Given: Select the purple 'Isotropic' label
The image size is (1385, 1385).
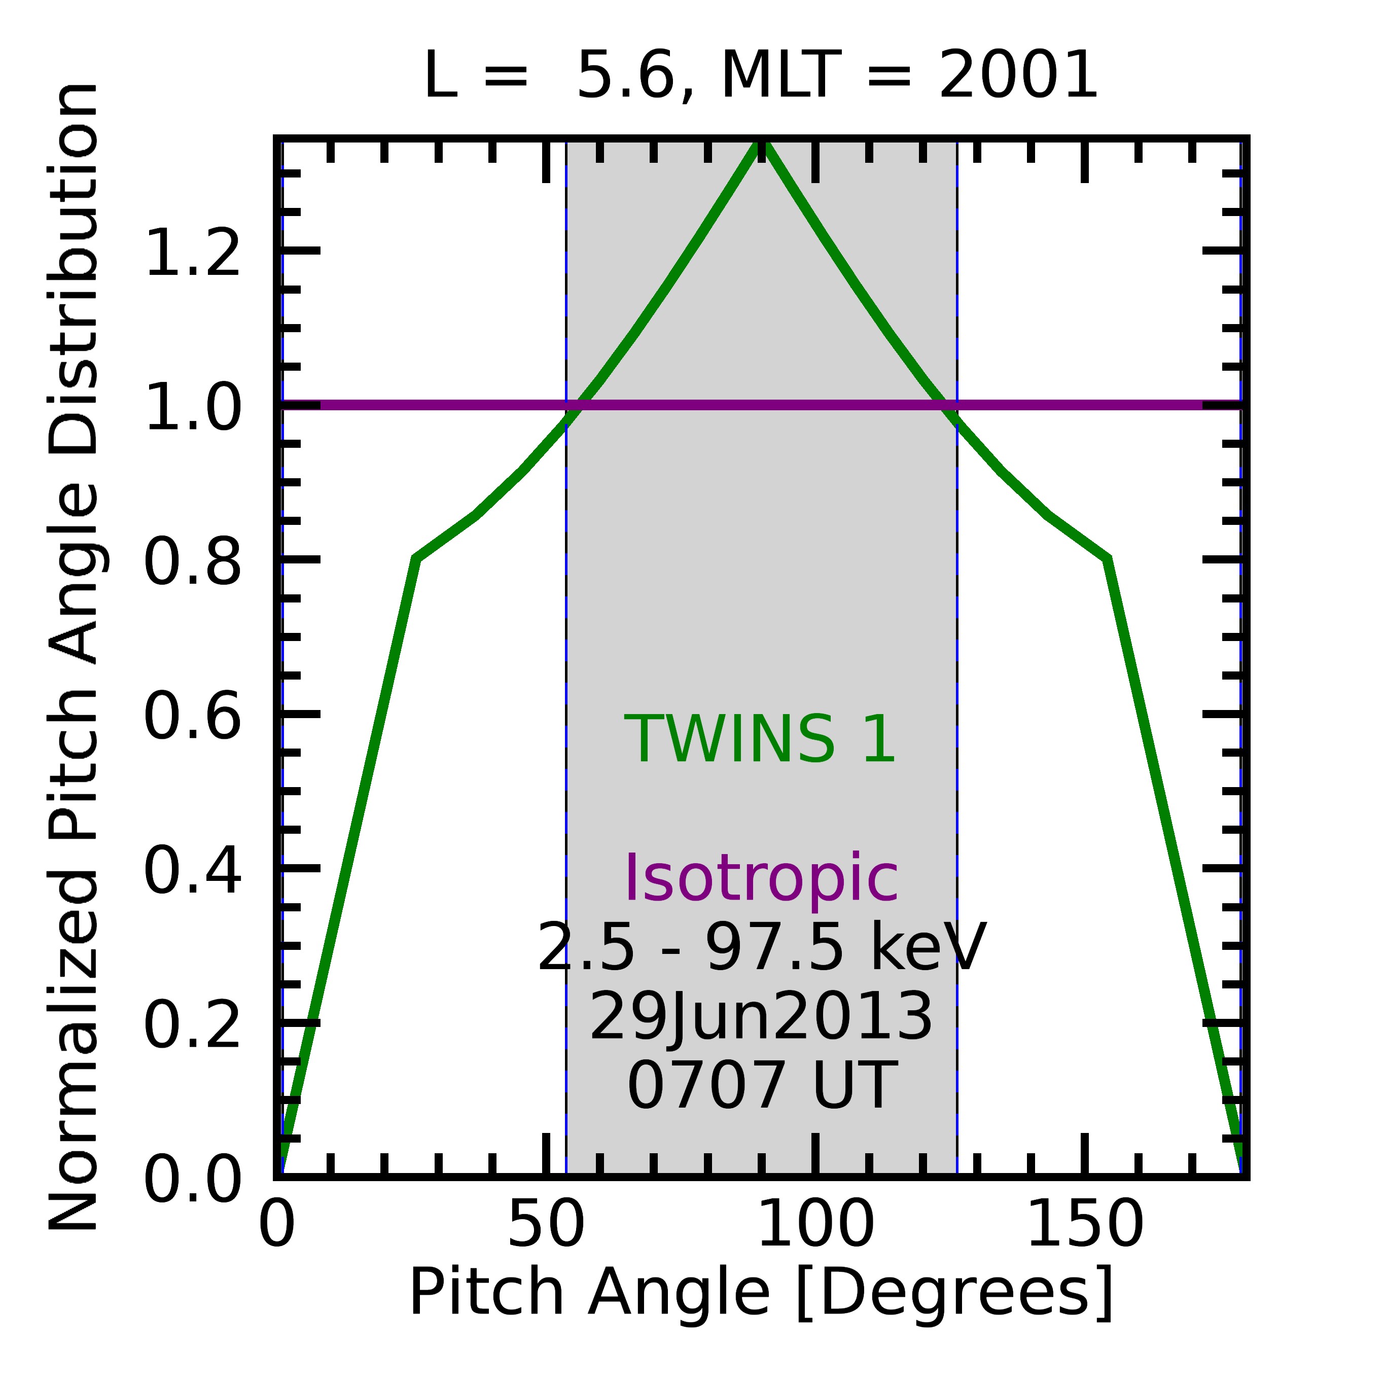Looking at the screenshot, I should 761,879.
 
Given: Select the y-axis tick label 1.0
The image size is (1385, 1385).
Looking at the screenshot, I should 192,407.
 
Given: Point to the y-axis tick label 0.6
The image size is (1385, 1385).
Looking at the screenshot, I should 192,717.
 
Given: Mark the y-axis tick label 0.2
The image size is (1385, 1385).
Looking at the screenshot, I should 192,1026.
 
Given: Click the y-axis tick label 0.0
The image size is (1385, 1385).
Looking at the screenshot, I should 192,1180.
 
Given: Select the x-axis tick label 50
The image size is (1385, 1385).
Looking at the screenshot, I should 546,1224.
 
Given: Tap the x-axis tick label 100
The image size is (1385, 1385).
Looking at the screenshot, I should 815,1224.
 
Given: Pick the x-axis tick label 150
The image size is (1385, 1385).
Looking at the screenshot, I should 1085,1224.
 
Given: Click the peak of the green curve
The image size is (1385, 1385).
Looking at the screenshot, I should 761,144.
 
